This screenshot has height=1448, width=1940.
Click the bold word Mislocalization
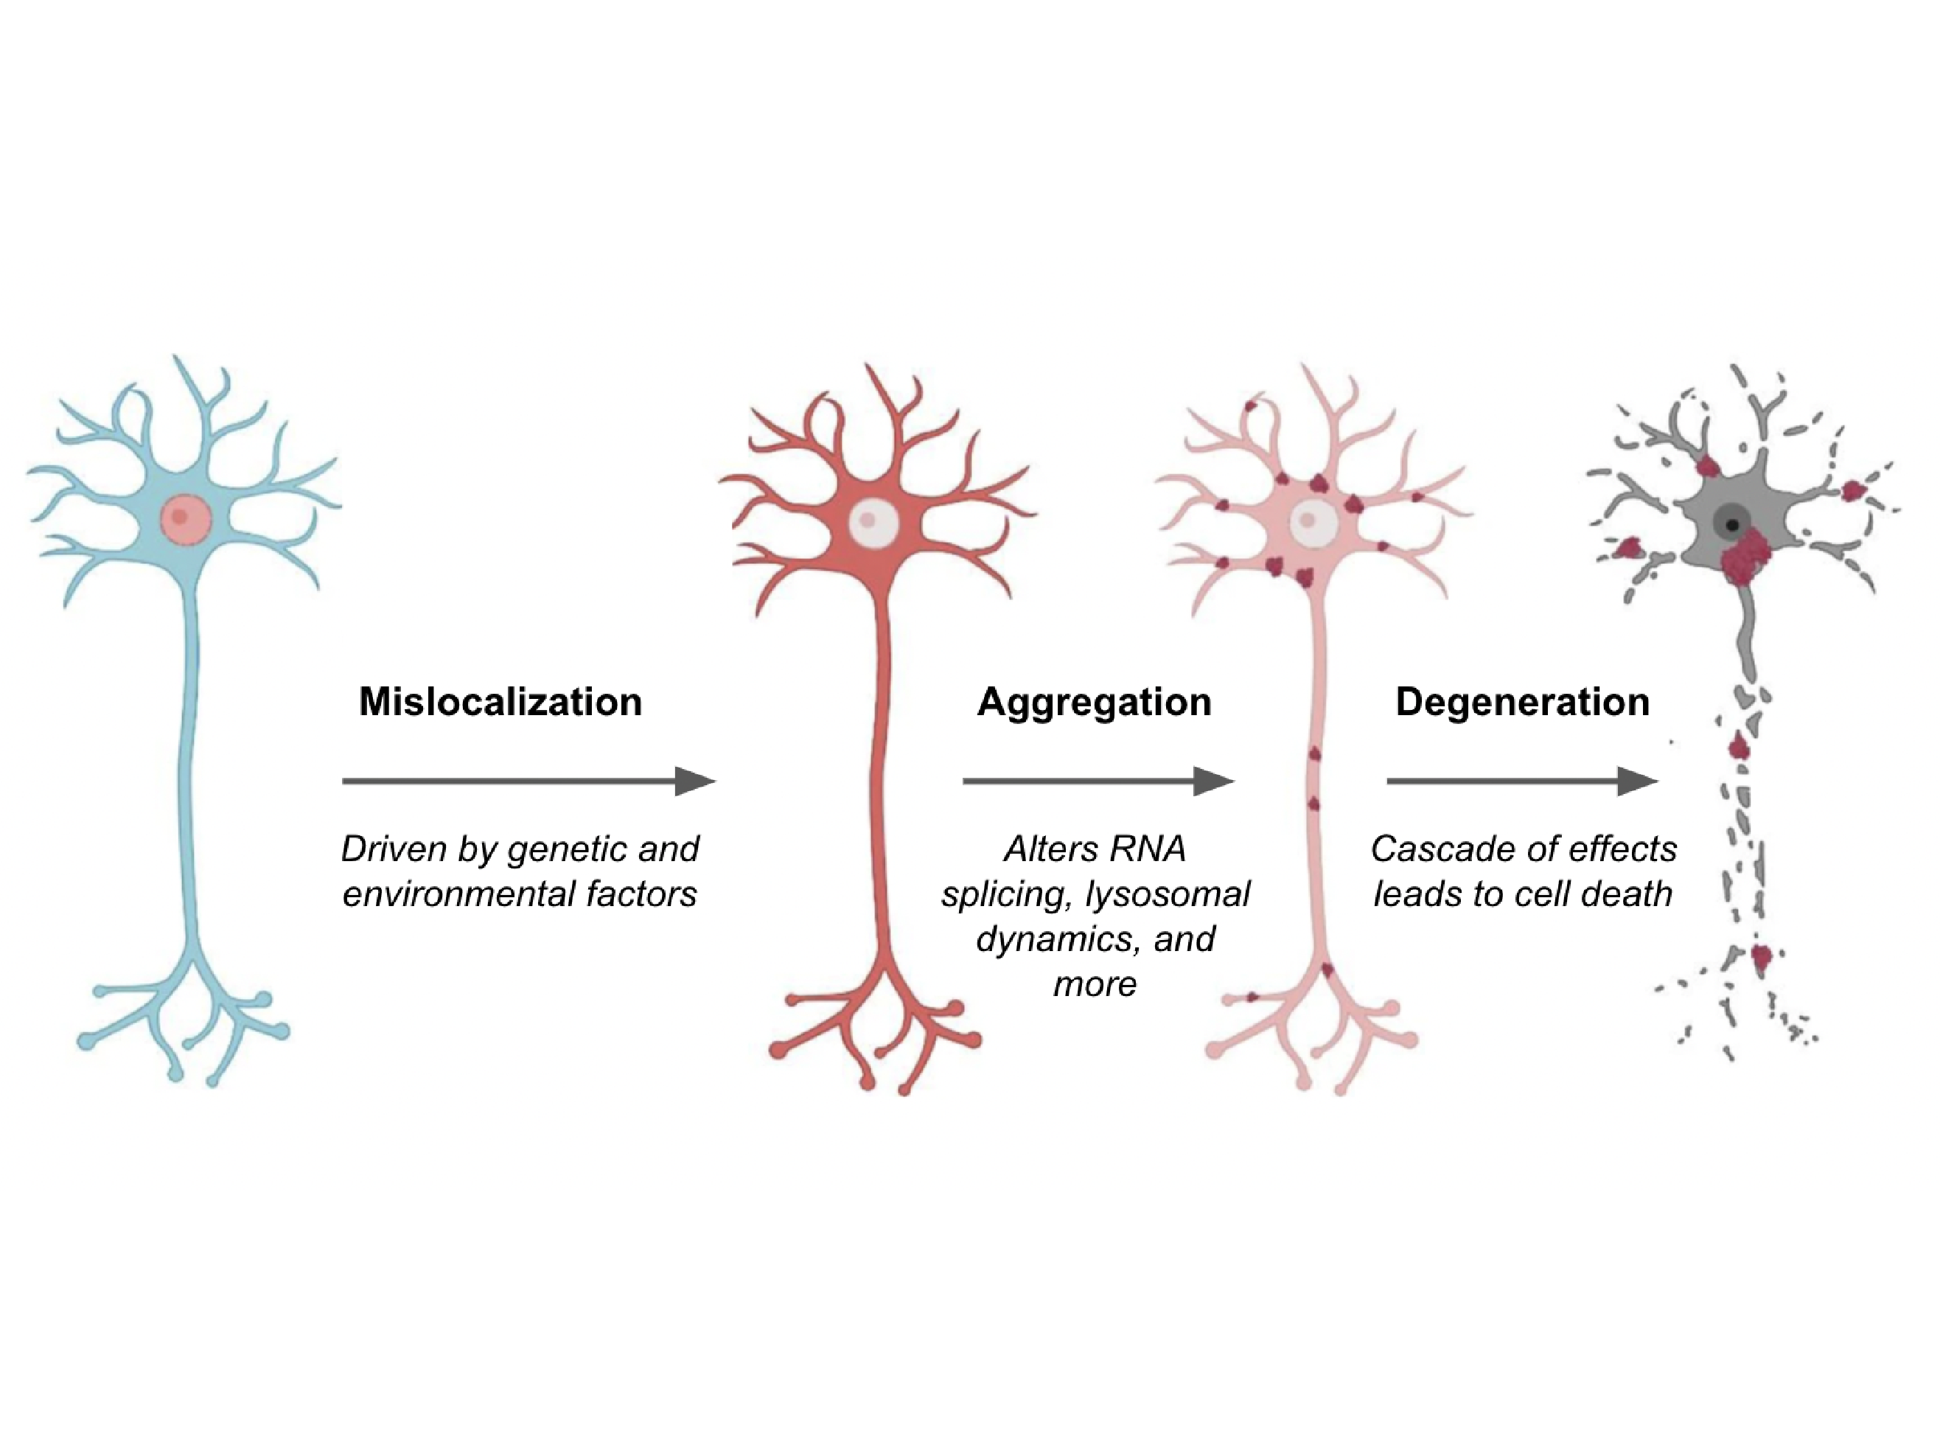coord(500,702)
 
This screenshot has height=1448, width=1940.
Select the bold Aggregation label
coord(1095,702)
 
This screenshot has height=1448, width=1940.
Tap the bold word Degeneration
coord(1522,702)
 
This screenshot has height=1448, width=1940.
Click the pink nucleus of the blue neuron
coord(185,518)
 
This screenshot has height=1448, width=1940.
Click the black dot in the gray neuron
coord(1731,526)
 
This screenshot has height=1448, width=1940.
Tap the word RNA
coord(1147,849)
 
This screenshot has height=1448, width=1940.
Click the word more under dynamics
coord(1095,984)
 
